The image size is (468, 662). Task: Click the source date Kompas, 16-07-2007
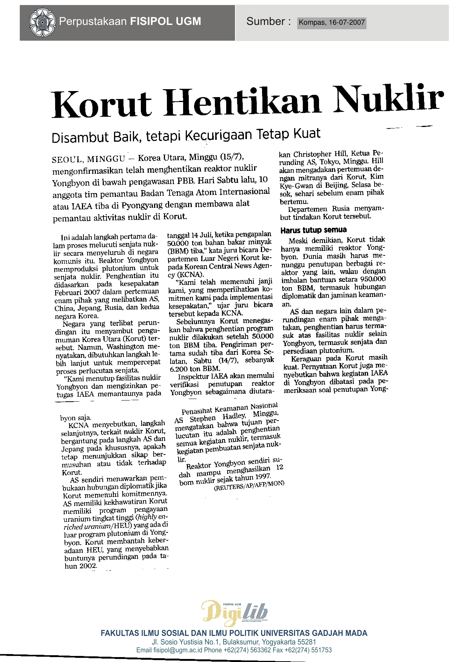pos(332,22)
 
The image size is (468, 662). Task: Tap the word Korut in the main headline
pos(101,104)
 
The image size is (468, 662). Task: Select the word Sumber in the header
pos(265,22)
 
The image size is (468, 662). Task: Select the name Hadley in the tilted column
pos(234,417)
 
